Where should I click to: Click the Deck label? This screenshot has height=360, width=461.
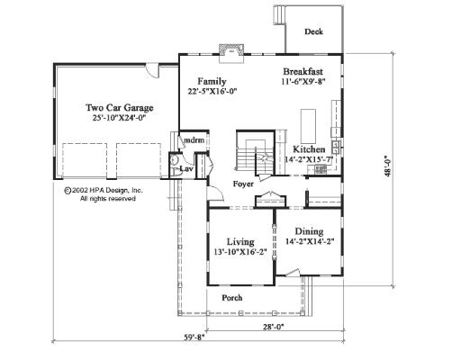[x=313, y=31]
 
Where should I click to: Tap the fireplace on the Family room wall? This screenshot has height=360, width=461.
[x=230, y=53]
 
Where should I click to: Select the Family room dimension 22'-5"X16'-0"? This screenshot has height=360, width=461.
[x=212, y=92]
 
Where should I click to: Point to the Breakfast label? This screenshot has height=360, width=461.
[x=303, y=72]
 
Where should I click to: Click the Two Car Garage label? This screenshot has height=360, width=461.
[x=120, y=107]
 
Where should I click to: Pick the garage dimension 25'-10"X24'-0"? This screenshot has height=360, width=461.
[x=119, y=118]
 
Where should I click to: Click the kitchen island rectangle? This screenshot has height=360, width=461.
[x=308, y=126]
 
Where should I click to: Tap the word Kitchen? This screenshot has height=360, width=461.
[x=309, y=149]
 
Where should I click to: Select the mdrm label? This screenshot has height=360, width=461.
[x=194, y=140]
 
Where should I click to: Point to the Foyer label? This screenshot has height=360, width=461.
[x=243, y=184]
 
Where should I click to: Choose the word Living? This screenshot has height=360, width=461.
[x=240, y=242]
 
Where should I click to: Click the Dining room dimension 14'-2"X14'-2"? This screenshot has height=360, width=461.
[x=310, y=241]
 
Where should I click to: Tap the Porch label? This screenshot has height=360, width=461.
[x=232, y=298]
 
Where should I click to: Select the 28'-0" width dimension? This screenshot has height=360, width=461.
[x=274, y=327]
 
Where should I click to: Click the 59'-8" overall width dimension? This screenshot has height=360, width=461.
[x=194, y=337]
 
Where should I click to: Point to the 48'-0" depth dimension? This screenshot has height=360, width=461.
[x=388, y=166]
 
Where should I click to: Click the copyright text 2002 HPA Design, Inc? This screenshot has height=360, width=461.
[x=104, y=190]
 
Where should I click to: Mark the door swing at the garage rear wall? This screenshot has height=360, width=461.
[x=151, y=71]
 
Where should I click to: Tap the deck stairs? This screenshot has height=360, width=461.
[x=279, y=14]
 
